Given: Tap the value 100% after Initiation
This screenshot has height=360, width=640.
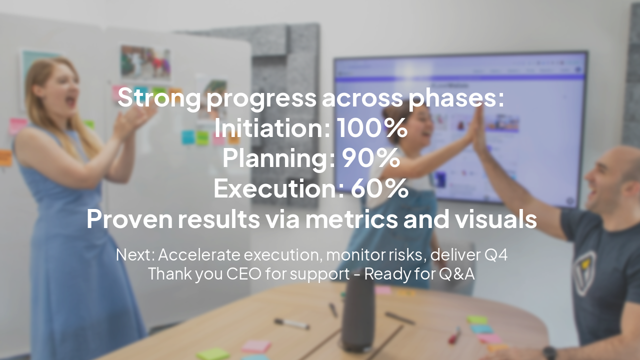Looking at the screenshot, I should click(x=371, y=128).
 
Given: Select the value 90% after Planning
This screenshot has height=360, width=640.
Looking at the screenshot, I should click(x=370, y=159).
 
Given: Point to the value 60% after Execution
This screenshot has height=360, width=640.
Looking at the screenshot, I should click(x=379, y=189).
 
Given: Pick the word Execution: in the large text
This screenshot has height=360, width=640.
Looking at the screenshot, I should click(x=278, y=189).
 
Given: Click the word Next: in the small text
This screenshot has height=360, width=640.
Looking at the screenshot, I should click(x=135, y=255).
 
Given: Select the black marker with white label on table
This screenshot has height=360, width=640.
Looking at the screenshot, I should click(x=292, y=324).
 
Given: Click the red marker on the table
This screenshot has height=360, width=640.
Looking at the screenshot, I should click(x=454, y=335).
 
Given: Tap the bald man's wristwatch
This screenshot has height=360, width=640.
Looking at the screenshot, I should click(x=549, y=353).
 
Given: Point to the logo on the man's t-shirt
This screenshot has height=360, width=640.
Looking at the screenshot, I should click(x=584, y=272).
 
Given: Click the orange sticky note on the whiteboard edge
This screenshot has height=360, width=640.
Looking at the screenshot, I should click(x=5, y=157).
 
